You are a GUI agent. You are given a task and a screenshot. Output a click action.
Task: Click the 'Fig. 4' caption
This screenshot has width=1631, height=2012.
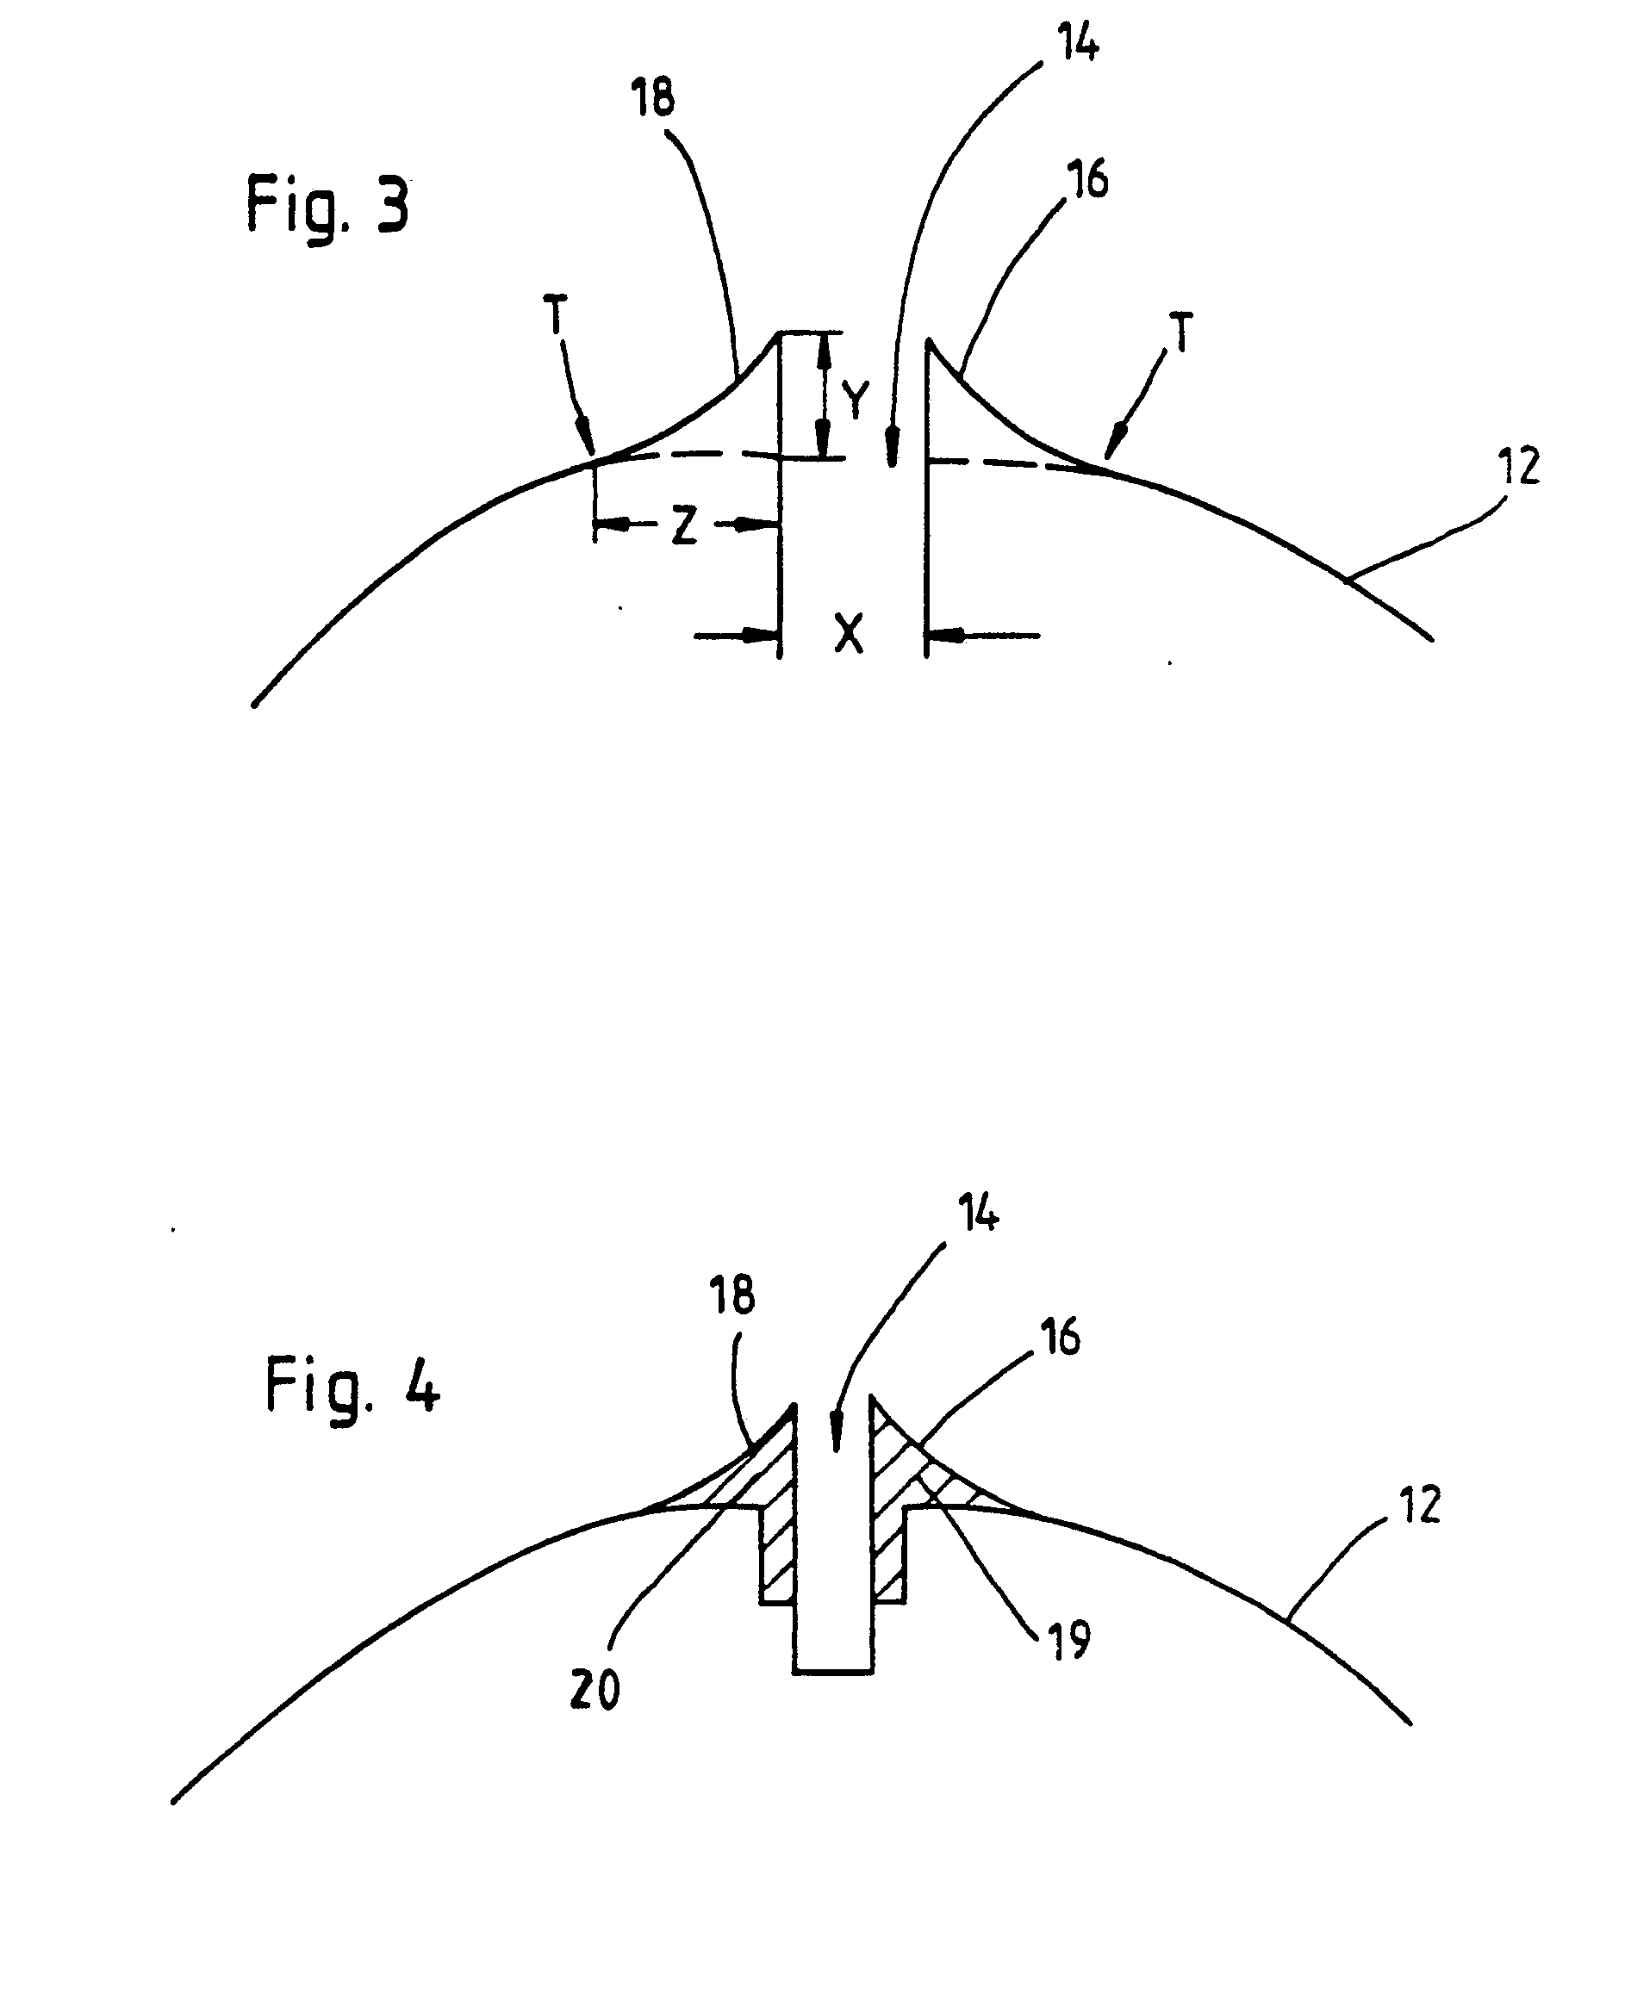click(352, 1387)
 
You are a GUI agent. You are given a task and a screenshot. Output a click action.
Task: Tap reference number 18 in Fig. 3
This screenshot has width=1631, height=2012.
click(653, 97)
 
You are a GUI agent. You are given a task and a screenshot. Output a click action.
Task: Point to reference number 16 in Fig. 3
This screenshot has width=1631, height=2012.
click(1087, 180)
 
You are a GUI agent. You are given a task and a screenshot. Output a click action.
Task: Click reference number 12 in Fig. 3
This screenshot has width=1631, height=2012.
click(1518, 467)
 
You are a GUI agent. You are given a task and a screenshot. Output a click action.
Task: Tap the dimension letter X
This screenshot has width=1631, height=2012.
click(850, 635)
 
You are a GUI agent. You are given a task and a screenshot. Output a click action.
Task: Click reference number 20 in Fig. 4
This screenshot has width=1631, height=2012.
click(595, 1691)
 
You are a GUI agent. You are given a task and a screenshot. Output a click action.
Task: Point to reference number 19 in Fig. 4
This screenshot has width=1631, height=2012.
click(1068, 1641)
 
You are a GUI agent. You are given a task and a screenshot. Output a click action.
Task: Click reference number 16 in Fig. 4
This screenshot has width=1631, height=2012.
click(1060, 1337)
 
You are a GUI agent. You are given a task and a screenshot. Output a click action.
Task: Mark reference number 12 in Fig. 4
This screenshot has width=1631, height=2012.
click(1420, 1506)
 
